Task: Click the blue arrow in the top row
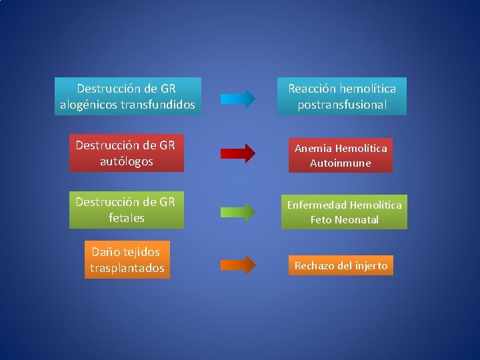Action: coord(237,99)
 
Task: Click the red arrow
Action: coord(237,153)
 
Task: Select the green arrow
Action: coord(237,211)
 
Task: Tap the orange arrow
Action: coord(237,265)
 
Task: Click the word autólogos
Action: coord(126,161)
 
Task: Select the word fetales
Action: coord(126,218)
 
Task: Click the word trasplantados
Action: coord(127,268)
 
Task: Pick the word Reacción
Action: coord(312,89)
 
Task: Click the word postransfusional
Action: coord(342,105)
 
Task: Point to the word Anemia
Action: coord(313,148)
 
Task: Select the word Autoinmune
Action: coord(340,163)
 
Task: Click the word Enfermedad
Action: coord(317,205)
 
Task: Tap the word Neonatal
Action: coord(357,220)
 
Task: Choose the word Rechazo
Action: coord(315,265)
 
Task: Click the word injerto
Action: coord(370,265)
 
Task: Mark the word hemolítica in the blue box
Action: coord(367,89)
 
